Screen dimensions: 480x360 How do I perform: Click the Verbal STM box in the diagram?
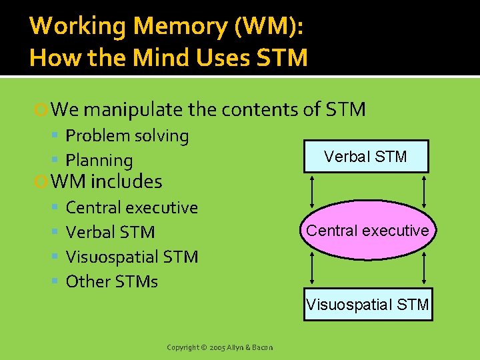pos(365,157)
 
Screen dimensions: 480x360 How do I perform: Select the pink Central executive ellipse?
pos(367,231)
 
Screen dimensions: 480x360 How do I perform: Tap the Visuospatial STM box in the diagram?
pos(368,305)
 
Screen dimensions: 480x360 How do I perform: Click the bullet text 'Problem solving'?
pos(127,136)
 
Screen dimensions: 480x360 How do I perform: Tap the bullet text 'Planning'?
pos(99,161)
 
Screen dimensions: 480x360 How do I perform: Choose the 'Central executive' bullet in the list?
pos(132,208)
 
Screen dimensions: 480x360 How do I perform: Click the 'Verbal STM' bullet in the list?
pos(110,233)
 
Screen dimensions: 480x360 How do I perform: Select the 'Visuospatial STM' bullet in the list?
pos(132,257)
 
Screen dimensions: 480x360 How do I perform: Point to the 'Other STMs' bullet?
pos(112,282)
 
